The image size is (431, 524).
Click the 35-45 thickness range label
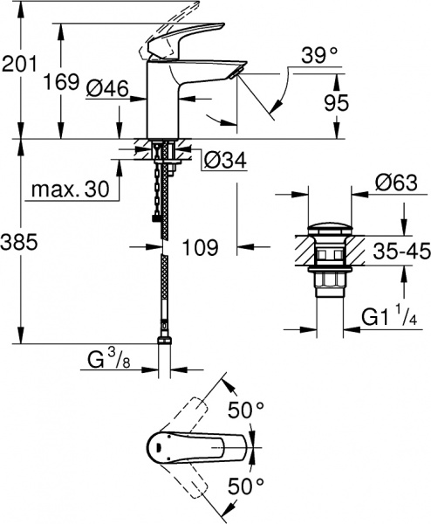pyautogui.click(x=399, y=253)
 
